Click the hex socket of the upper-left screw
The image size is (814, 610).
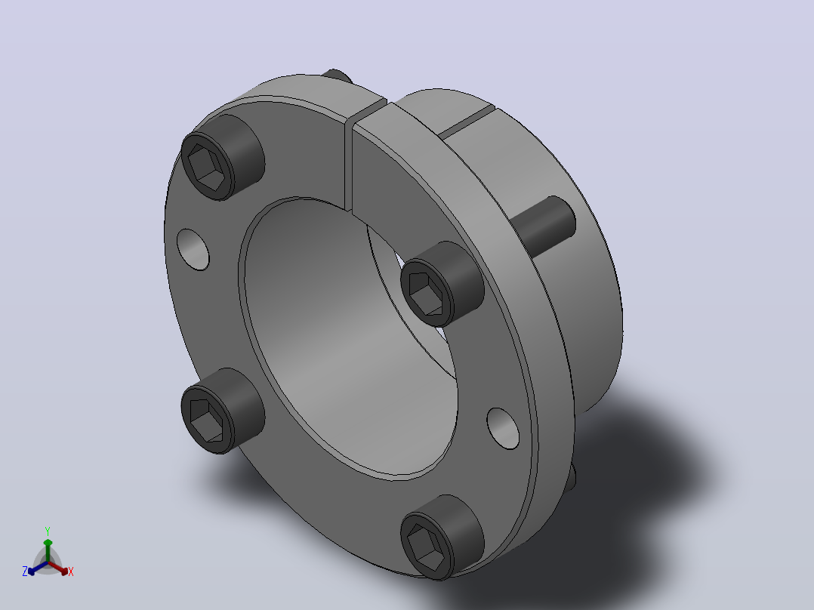pyautogui.click(x=205, y=167)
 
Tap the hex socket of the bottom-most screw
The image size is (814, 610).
pyautogui.click(x=425, y=548)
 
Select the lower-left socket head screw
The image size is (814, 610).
pyautogui.click(x=223, y=411)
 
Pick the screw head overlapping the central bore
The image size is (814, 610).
pyautogui.click(x=442, y=283)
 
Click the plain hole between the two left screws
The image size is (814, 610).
pyautogui.click(x=193, y=249)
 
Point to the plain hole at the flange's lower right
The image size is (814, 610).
pyautogui.click(x=503, y=428)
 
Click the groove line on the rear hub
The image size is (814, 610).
pyautogui.click(x=465, y=122)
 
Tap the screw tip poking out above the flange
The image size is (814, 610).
pyautogui.click(x=337, y=75)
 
